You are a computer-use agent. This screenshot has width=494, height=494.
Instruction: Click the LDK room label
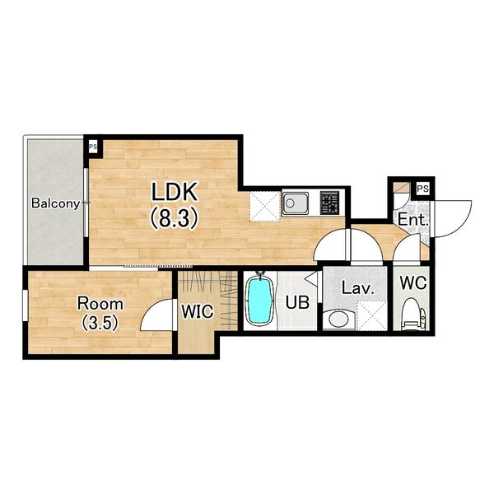pos(175,192)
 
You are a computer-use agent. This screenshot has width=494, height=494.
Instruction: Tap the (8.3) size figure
pos(175,218)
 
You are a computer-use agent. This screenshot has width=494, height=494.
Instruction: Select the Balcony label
pos(56,203)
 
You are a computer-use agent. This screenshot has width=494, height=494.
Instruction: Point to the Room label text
pos(100,304)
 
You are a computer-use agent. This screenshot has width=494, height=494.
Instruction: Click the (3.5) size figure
pos(100,323)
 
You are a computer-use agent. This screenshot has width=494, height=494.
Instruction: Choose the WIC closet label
pos(198,311)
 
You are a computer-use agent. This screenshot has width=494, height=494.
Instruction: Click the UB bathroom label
pos(297,302)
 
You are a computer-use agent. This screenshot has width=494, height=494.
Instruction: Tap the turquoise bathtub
pos(260,300)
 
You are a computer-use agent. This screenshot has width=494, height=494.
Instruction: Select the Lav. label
pos(358,288)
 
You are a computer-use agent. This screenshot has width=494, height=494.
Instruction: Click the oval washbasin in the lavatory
pos(338,319)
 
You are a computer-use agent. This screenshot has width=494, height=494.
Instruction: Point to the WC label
pos(413,282)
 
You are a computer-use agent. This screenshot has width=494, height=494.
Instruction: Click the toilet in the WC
pos(414,313)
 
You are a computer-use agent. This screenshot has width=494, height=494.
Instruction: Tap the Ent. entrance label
pos(413,220)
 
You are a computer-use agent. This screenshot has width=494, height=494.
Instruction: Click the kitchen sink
pos(295,203)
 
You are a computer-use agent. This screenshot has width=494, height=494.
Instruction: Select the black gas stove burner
pos(329,203)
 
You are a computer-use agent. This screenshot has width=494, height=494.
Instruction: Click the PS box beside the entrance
pos(423,189)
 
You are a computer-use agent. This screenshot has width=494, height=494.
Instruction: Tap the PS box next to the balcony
pos(93,147)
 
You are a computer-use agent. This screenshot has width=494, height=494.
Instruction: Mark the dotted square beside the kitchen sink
pos(265,206)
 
